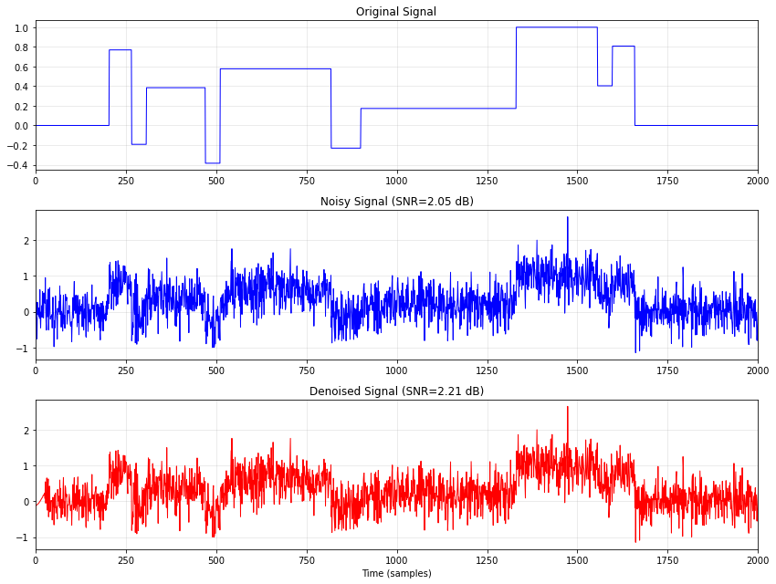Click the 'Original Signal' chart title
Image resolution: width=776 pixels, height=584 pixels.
tap(396, 12)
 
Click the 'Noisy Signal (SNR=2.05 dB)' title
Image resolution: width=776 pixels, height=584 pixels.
tap(396, 202)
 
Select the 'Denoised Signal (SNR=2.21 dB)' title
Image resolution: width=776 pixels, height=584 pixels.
tap(396, 391)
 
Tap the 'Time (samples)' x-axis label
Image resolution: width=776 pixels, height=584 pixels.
tap(396, 573)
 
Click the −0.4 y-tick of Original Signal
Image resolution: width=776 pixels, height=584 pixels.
tap(18, 165)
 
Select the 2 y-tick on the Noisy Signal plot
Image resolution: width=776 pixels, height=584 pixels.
tap(27, 241)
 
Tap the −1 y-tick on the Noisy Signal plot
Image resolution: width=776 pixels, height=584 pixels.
tap(24, 349)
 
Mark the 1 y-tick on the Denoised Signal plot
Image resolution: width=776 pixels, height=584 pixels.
tap(27, 466)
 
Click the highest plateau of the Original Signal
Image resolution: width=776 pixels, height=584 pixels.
tap(556, 27)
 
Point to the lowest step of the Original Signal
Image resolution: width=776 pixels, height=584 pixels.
tap(213, 163)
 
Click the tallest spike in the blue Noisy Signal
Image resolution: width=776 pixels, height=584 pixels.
tap(567, 218)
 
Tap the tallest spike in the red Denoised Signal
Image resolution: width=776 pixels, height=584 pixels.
tap(567, 408)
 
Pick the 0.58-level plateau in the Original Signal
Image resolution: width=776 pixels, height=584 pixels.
tap(275, 68)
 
